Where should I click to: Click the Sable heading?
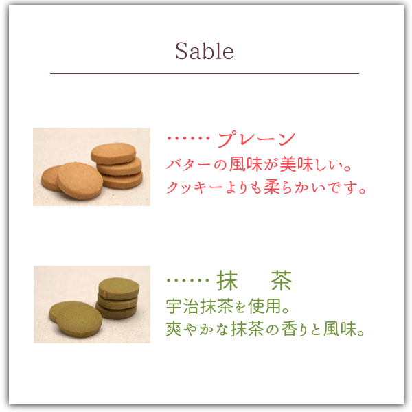click(205, 51)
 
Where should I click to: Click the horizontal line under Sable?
click(205, 73)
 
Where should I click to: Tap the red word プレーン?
click(256, 139)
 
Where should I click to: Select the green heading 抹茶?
click(254, 280)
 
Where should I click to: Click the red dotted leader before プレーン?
click(188, 138)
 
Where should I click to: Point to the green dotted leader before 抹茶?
click(188, 280)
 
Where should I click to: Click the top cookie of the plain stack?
click(113, 153)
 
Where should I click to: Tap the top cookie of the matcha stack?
click(119, 288)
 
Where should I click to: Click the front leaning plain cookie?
click(80, 181)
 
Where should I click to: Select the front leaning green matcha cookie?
click(80, 320)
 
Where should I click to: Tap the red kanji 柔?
click(272, 187)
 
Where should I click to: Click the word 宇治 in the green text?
click(183, 306)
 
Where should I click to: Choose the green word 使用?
click(264, 306)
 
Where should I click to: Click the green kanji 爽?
click(174, 329)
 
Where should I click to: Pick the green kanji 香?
click(290, 329)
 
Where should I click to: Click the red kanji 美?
click(288, 165)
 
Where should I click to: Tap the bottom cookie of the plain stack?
click(122, 181)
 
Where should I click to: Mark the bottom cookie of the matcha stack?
click(116, 312)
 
